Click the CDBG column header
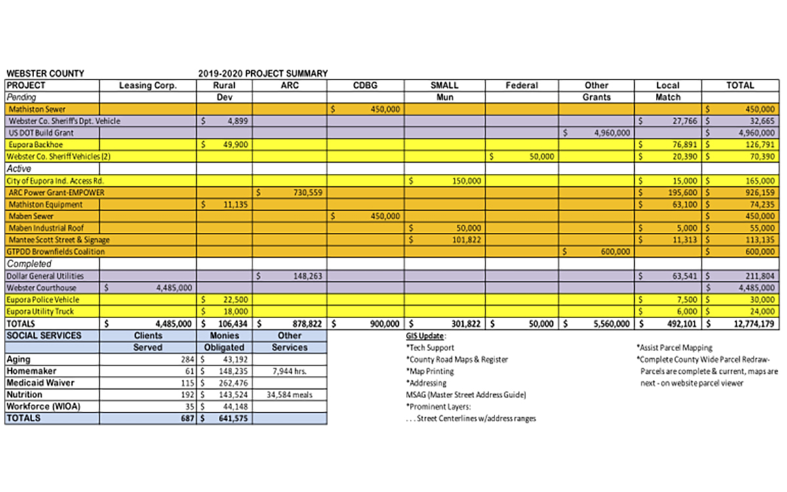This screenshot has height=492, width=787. click(x=365, y=85)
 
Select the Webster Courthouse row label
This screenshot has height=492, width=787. click(x=41, y=288)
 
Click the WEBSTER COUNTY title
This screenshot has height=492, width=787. click(x=45, y=73)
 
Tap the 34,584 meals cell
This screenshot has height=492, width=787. click(x=289, y=395)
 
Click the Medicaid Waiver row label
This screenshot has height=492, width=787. click(x=40, y=383)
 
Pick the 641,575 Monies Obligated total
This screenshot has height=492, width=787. click(x=232, y=419)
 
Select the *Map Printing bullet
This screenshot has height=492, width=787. click(x=430, y=371)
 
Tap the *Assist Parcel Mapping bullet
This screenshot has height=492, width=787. click(x=674, y=348)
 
